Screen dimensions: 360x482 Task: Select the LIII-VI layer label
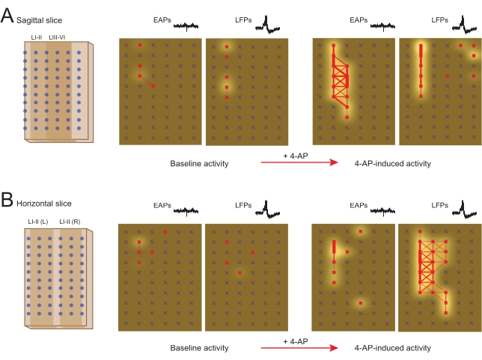[x=58, y=35]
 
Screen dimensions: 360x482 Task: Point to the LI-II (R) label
[x=70, y=220]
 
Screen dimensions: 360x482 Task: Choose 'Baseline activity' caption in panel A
[x=199, y=163]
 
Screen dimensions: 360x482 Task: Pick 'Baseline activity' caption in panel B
[x=199, y=348]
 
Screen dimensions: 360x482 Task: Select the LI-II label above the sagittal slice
[x=35, y=35]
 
